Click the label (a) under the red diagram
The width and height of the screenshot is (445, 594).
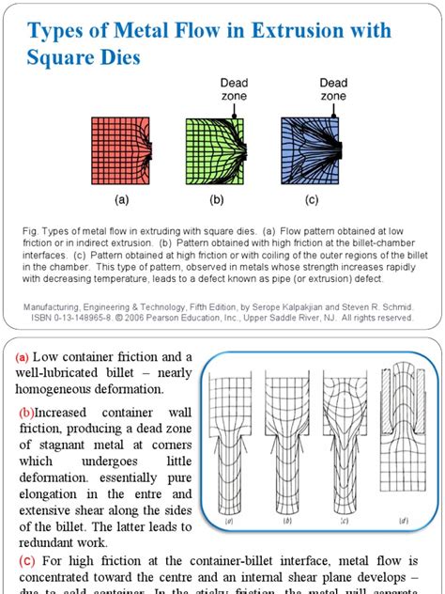[122, 199]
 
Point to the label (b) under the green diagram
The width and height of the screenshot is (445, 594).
[217, 199]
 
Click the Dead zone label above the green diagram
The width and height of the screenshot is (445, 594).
[234, 89]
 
